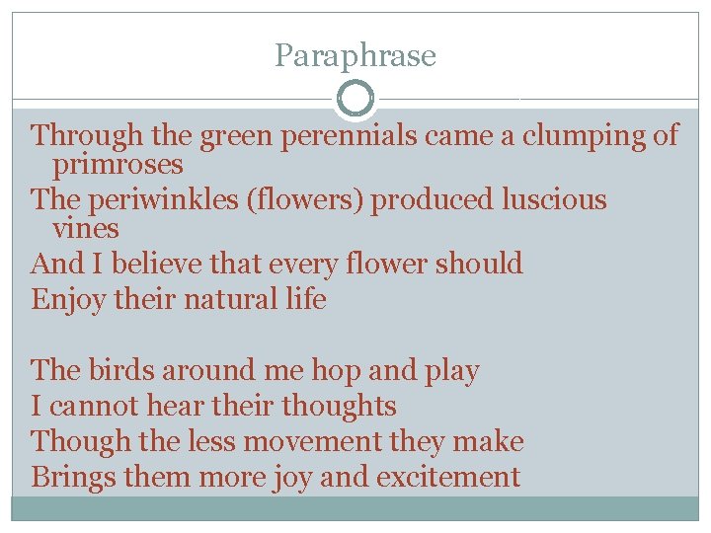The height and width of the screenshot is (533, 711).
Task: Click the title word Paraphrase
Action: pos(355,56)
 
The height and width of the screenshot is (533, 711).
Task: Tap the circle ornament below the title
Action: pos(355,99)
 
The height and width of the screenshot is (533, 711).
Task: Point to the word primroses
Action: pos(118,163)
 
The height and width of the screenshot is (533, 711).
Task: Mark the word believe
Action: pos(134,265)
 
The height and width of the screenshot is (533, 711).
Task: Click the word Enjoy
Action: pos(67,299)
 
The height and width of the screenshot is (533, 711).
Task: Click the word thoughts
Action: pos(339,406)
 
